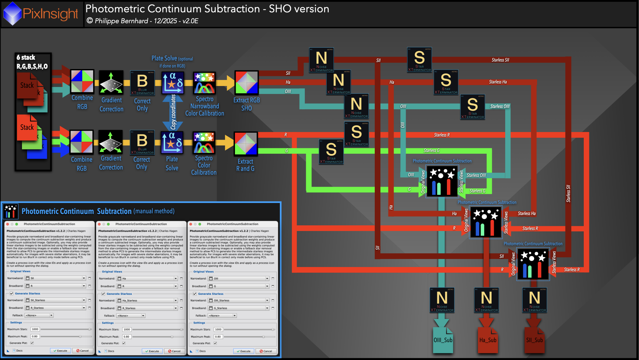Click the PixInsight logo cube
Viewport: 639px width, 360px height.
pyautogui.click(x=12, y=14)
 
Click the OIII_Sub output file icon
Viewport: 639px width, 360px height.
pyautogui.click(x=443, y=340)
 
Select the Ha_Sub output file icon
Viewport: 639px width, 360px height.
pyautogui.click(x=488, y=340)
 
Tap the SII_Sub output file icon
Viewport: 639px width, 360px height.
pyautogui.click(x=534, y=340)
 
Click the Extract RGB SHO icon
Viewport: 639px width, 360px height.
pyautogui.click(x=246, y=82)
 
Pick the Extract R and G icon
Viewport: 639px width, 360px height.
pyautogui.click(x=246, y=144)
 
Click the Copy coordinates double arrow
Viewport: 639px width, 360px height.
pyautogui.click(x=173, y=112)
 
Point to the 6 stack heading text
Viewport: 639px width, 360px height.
pyautogui.click(x=26, y=57)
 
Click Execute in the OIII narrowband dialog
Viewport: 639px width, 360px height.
pyautogui.click(x=244, y=351)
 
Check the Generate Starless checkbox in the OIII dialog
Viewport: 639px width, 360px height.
pyautogui.click(x=195, y=294)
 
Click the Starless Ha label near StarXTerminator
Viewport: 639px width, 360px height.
pyautogui.click(x=498, y=82)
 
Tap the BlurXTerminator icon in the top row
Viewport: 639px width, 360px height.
pyautogui.click(x=142, y=83)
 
